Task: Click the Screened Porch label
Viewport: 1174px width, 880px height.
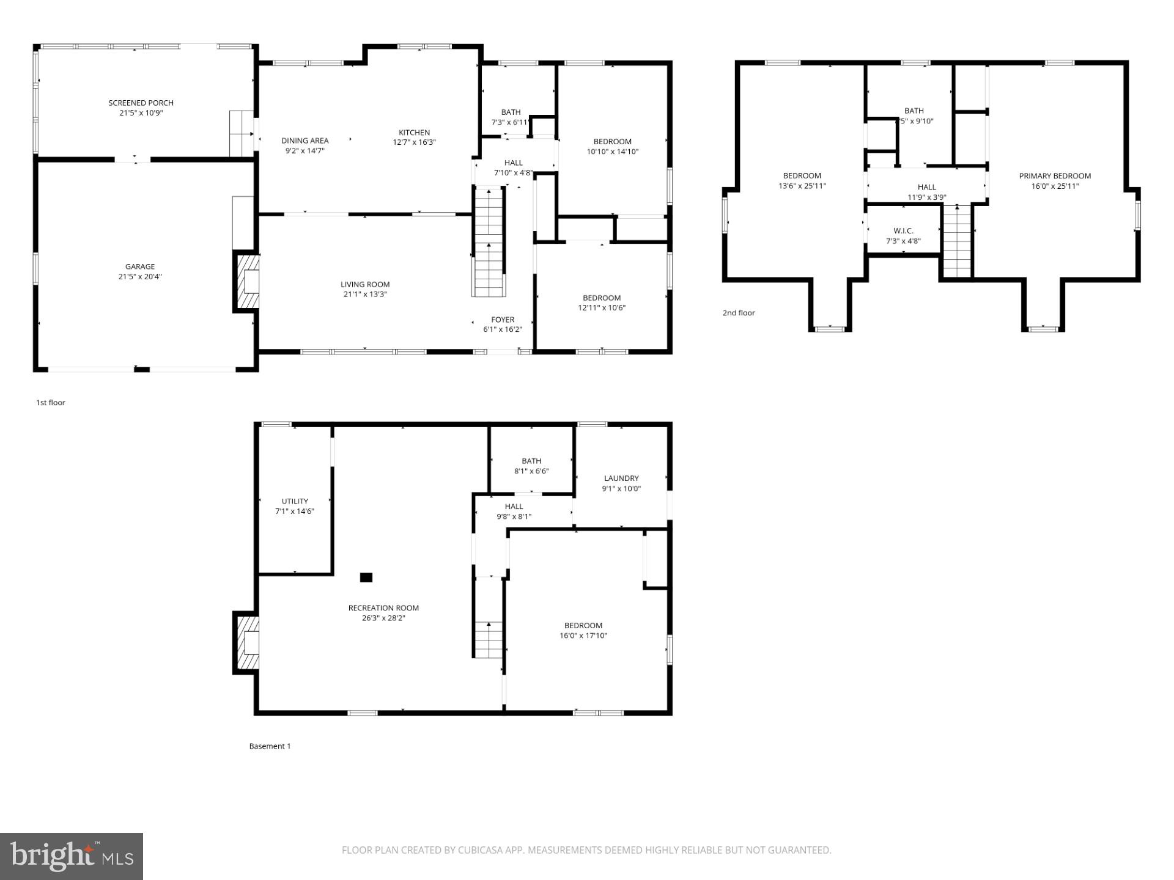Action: [141, 103]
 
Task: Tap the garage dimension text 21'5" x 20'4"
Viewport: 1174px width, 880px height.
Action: [140, 277]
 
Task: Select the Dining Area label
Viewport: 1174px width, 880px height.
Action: [305, 141]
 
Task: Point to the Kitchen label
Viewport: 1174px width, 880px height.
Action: [414, 132]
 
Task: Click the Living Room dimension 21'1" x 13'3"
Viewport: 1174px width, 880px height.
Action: [365, 295]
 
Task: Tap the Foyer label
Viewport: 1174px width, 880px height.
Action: [503, 320]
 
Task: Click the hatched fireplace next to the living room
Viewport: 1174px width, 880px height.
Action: [248, 282]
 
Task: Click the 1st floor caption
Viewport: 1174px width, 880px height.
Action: [50, 403]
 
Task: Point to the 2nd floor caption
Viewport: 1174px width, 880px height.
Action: [739, 313]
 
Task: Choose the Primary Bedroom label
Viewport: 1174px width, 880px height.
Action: [1055, 176]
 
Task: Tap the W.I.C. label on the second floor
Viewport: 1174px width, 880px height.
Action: [903, 231]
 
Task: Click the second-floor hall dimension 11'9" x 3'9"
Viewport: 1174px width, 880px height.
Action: [926, 197]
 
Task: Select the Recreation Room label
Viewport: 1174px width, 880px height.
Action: [383, 608]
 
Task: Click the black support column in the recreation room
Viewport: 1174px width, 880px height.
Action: [366, 577]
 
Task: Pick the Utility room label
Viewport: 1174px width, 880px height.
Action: [295, 501]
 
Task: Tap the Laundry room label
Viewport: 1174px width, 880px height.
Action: [621, 479]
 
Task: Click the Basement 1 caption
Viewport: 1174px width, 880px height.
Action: [270, 746]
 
